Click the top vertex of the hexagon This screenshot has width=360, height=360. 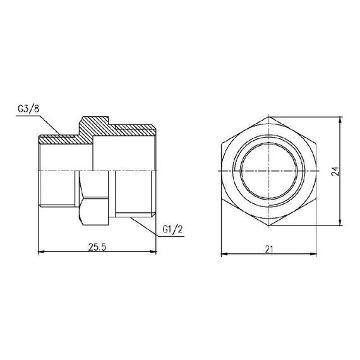coord(270,116)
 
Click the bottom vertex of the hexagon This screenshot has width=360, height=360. coord(270,225)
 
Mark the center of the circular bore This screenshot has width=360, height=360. coord(270,171)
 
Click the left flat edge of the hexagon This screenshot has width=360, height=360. coord(222,171)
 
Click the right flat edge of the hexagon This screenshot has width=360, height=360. coord(317,171)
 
